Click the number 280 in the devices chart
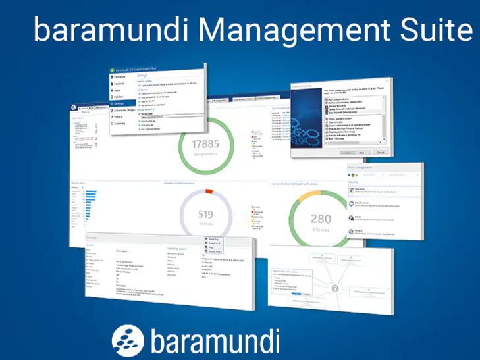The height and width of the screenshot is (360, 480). pos(321,219)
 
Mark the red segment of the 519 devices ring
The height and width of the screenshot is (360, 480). pos(209,192)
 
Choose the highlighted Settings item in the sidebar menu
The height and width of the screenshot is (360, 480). pos(119,103)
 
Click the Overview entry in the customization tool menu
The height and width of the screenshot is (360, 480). pos(119,77)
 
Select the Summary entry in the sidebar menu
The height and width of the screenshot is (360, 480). pos(119,123)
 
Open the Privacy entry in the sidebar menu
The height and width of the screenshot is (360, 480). pos(118,116)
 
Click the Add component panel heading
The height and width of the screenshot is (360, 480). pos(360,168)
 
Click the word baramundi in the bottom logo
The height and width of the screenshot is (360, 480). pos(215,341)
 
